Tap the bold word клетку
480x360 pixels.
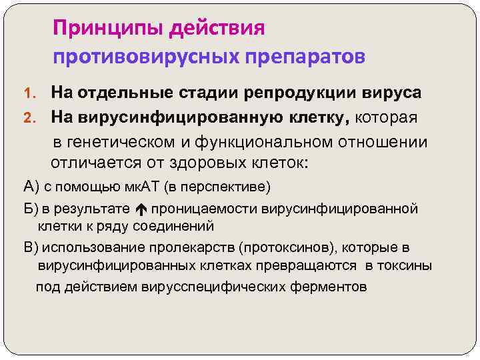click(x=307, y=118)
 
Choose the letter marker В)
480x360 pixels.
click(x=31, y=248)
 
